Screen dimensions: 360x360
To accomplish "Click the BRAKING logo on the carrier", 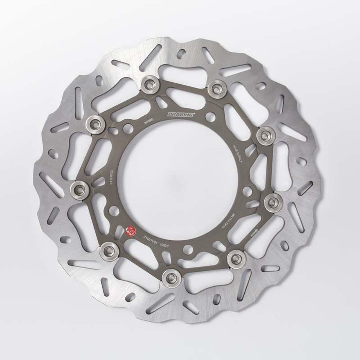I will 180,115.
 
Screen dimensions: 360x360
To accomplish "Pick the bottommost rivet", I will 171,277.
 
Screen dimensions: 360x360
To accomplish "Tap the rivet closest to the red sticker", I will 109,249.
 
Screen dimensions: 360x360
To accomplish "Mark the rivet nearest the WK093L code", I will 148,84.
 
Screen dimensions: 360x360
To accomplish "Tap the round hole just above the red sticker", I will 114,210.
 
